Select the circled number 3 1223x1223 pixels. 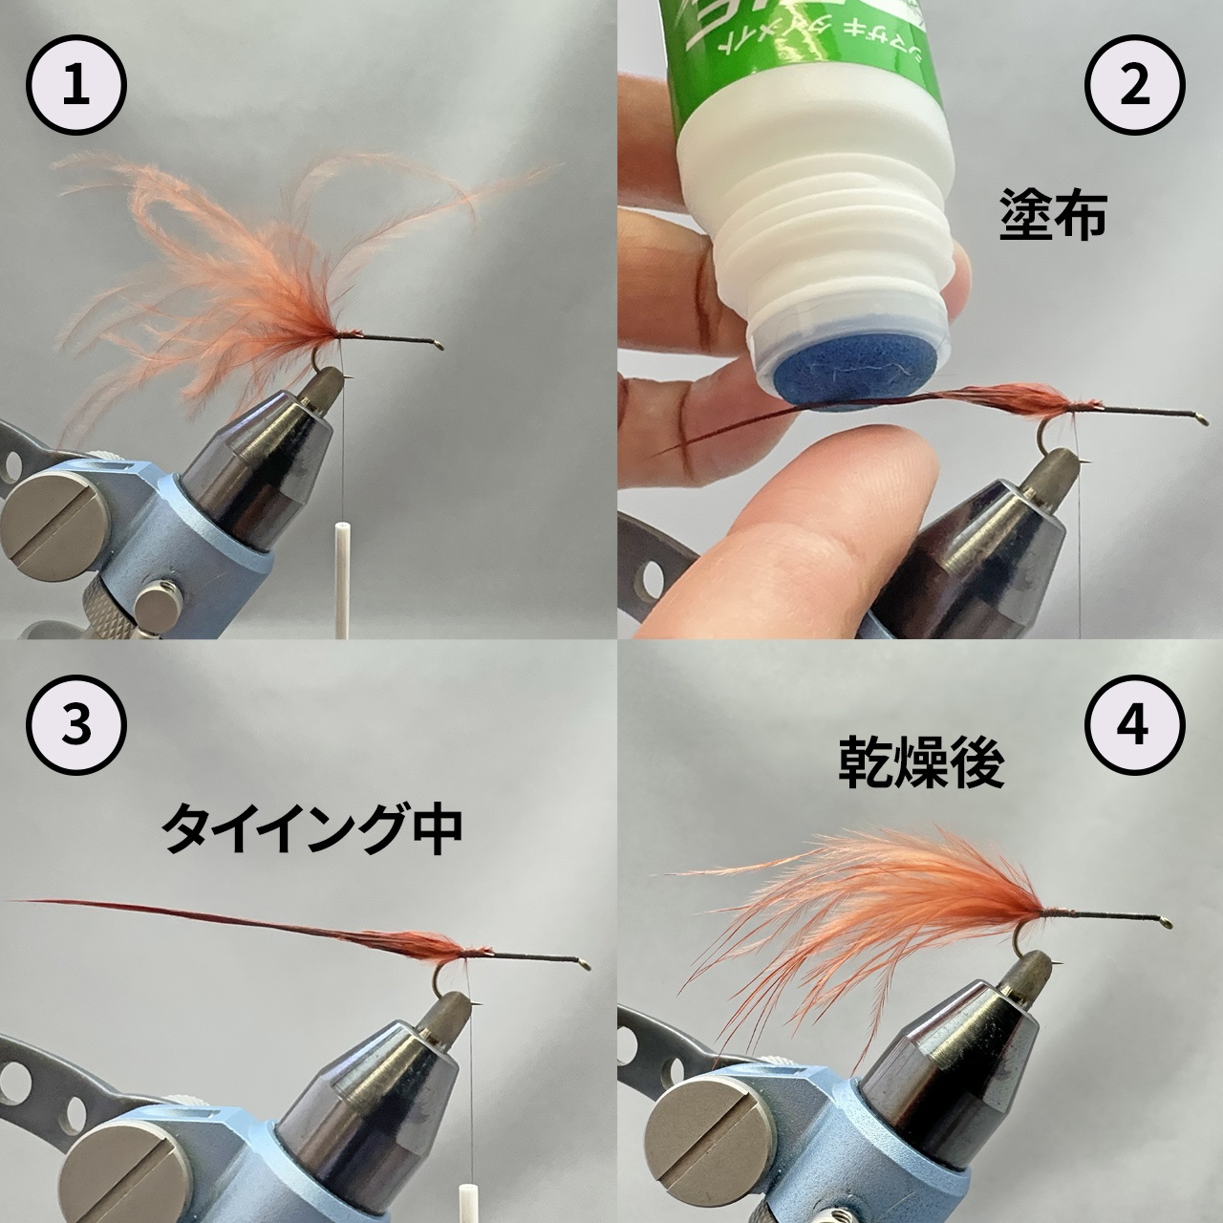[x=75, y=723]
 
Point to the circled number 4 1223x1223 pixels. [x=1133, y=723]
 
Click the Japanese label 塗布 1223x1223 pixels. [x=1052, y=217]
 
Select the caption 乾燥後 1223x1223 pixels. [x=922, y=764]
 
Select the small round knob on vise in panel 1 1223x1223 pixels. [x=155, y=607]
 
